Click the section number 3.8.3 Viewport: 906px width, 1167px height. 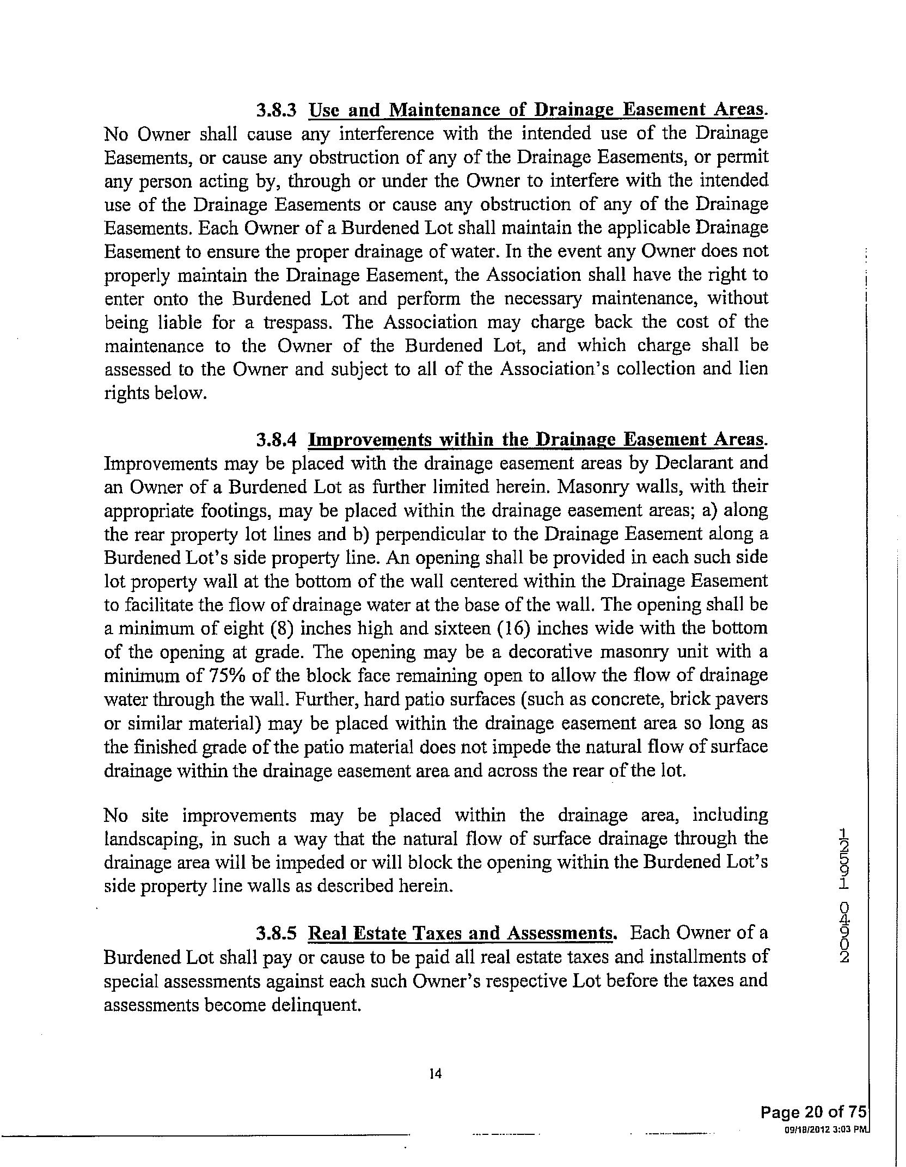click(x=276, y=110)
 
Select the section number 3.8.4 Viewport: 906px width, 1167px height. click(x=276, y=439)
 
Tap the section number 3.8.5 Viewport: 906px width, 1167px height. click(x=276, y=933)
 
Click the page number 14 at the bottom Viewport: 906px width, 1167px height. click(x=435, y=1073)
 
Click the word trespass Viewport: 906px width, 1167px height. click(x=297, y=322)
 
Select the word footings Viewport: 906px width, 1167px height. click(x=241, y=511)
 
